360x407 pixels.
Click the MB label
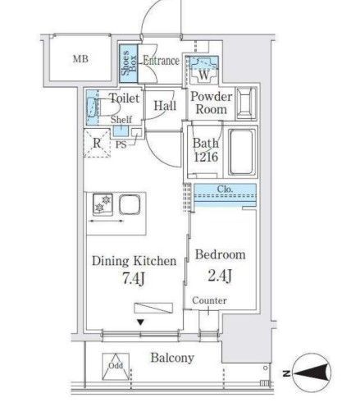click(80, 59)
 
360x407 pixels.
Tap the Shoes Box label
click(129, 62)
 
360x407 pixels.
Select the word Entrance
click(162, 61)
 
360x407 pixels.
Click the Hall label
click(165, 106)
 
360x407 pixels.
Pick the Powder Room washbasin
click(246, 103)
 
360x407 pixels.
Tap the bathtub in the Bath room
click(241, 152)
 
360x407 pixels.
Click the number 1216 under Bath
click(206, 157)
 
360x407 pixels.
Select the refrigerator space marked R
click(97, 143)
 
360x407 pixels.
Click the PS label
click(121, 144)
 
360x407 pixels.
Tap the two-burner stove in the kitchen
click(103, 203)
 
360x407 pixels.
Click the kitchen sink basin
click(130, 204)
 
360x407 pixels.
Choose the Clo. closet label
click(225, 189)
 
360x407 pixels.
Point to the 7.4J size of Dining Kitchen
click(133, 279)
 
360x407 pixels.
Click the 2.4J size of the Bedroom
click(220, 276)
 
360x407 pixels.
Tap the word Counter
click(209, 300)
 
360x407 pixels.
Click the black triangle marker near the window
click(140, 322)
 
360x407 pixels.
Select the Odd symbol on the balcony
click(116, 367)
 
